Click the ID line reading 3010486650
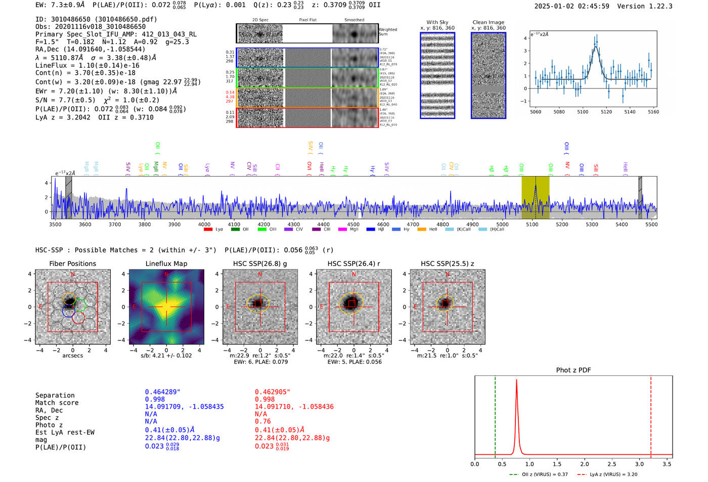point(96,19)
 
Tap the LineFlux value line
point(87,65)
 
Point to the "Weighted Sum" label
point(387,32)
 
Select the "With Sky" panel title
point(437,22)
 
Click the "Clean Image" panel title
point(488,22)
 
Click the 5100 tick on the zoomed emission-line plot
point(583,112)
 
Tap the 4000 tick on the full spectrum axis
point(204,224)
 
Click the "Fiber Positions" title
point(72,264)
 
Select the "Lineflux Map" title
point(166,264)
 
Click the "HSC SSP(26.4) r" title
point(353,264)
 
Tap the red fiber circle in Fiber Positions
point(78,318)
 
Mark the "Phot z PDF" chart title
point(573,370)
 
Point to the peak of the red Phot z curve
point(516,380)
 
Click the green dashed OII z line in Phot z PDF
point(495,415)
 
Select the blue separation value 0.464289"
point(162,392)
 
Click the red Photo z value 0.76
point(262,421)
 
